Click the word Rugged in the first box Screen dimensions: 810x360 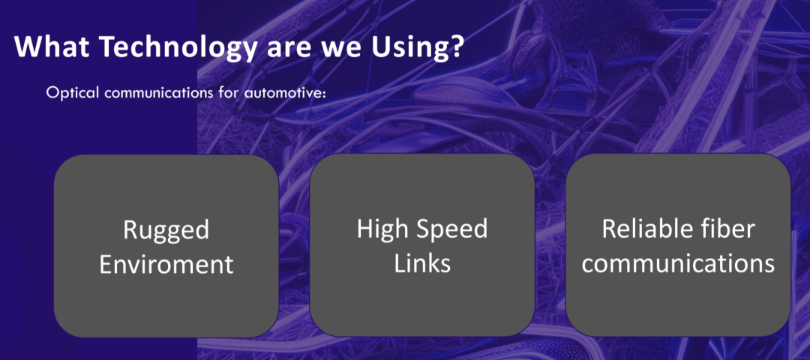point(166,230)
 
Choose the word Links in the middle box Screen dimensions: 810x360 point(422,263)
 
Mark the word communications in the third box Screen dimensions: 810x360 point(678,263)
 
